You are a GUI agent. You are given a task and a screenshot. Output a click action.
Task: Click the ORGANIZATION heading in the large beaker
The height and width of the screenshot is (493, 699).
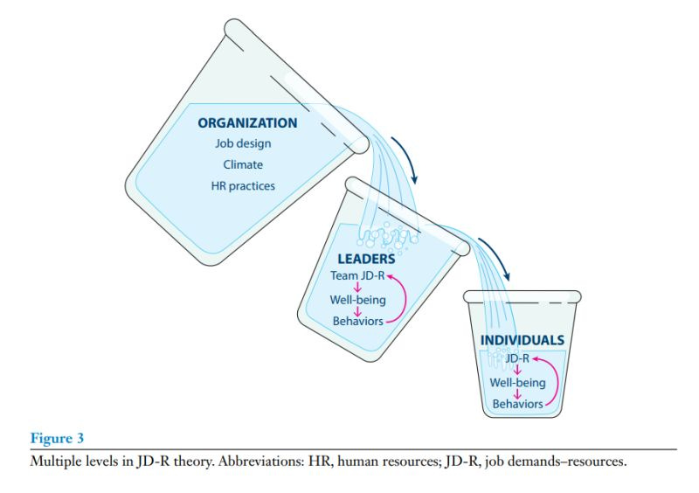[247, 123]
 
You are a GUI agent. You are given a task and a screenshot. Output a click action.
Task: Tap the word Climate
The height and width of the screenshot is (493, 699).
[242, 164]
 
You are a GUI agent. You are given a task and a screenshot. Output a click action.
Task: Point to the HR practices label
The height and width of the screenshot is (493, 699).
[242, 185]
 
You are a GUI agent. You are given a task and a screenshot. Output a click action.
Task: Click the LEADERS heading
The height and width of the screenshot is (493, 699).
[366, 259]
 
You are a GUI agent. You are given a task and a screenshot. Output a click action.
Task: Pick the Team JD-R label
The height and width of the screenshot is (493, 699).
[357, 276]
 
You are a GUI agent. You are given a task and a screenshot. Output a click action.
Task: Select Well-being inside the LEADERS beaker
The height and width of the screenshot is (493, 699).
[357, 300]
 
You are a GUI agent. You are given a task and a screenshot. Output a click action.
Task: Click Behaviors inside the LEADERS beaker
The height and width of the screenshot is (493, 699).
[357, 322]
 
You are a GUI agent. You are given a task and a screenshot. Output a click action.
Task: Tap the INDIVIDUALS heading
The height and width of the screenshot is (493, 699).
[521, 340]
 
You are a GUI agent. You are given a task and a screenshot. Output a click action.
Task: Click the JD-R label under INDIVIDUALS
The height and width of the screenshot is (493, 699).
[516, 358]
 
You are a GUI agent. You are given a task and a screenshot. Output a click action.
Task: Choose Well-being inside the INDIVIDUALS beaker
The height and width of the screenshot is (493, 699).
[516, 382]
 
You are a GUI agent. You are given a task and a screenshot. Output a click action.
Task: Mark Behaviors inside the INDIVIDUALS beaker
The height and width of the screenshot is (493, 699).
[516, 403]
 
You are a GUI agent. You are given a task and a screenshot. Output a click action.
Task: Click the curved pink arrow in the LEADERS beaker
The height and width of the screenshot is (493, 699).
[398, 298]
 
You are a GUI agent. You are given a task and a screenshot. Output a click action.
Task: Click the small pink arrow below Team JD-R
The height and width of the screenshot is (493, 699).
[356, 288]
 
